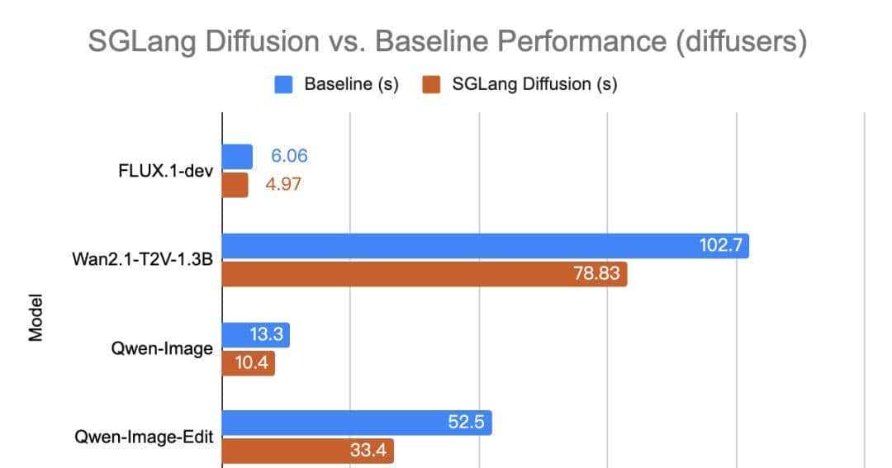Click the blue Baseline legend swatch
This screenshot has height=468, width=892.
[x=284, y=84]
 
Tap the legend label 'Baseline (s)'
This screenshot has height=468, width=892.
[x=351, y=84]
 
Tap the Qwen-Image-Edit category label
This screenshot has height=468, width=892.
[x=154, y=437]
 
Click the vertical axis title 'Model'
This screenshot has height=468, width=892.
[x=36, y=320]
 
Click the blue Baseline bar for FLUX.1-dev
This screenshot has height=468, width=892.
[x=237, y=157]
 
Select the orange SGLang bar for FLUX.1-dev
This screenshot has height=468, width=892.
[x=235, y=185]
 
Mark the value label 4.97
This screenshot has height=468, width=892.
[x=283, y=185]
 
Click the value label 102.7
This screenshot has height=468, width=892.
[x=719, y=246]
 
